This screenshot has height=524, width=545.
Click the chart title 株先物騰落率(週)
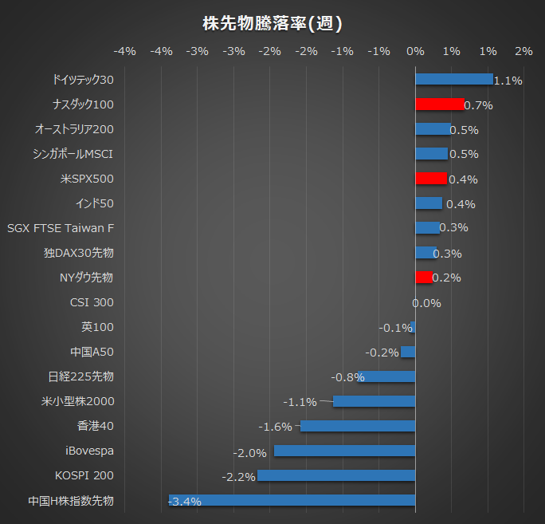click(272, 23)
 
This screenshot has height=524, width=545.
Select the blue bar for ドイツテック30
click(454, 79)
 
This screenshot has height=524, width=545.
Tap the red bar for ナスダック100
click(439, 104)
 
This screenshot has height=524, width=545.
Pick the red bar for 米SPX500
click(431, 178)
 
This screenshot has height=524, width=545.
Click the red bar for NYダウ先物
click(424, 277)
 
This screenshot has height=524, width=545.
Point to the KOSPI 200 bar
click(336, 475)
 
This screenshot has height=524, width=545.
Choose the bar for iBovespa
click(344, 451)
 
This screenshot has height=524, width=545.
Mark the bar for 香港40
click(358, 426)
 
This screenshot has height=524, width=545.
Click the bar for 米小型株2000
click(374, 401)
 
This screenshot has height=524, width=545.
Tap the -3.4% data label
click(185, 502)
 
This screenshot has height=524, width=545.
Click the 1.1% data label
click(508, 81)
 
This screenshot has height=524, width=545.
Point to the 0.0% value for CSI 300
click(426, 303)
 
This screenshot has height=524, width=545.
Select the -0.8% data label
click(348, 377)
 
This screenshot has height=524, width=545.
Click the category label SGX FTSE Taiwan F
click(61, 228)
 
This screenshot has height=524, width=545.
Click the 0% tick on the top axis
click(415, 51)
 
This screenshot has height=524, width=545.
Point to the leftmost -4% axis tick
click(125, 51)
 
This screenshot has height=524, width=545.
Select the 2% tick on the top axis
click(523, 51)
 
